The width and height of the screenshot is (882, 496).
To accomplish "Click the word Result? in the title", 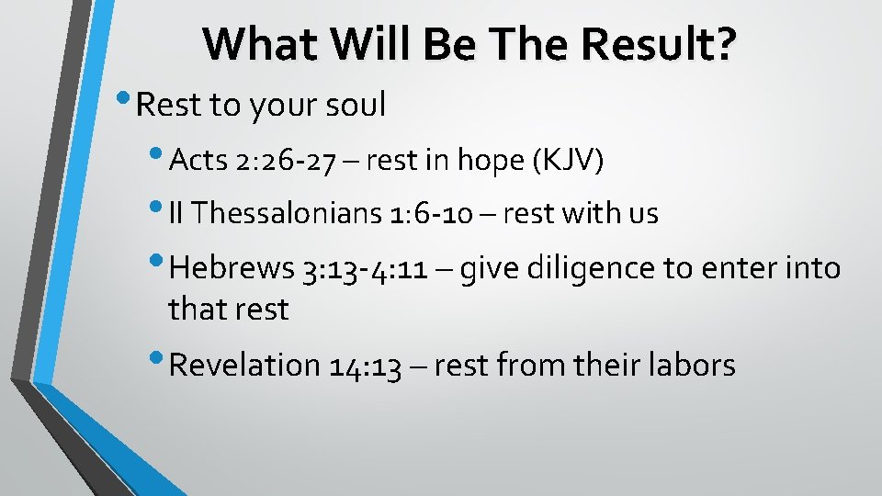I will [x=657, y=44].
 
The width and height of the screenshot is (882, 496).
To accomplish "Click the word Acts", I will [x=198, y=161].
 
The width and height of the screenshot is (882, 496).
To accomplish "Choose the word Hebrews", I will [x=232, y=268].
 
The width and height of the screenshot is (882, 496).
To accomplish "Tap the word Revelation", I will [x=243, y=365].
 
